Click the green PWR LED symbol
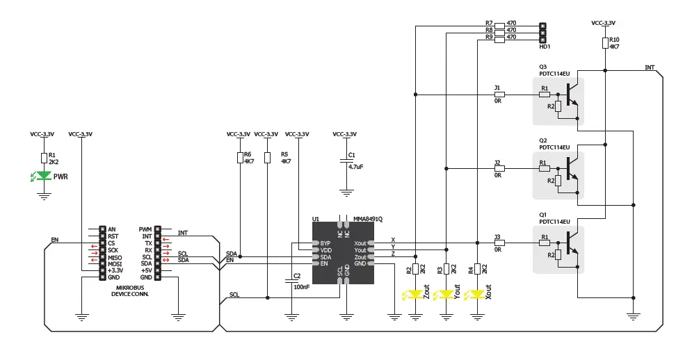tap(44, 177)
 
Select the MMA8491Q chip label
tap(368, 219)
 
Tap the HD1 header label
tap(545, 47)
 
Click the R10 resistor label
tap(613, 40)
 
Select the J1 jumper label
tap(497, 88)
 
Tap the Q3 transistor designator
tap(543, 67)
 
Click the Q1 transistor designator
tap(543, 215)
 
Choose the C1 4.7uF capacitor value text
tap(356, 167)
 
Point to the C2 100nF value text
tap(302, 286)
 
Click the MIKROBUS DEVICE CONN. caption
tap(130, 291)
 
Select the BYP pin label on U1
tap(325, 243)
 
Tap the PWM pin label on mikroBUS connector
tap(145, 229)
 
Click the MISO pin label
tap(115, 257)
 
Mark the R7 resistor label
tap(489, 23)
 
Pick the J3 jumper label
tap(497, 237)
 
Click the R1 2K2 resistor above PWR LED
tap(44, 158)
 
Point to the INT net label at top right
tap(650, 67)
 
